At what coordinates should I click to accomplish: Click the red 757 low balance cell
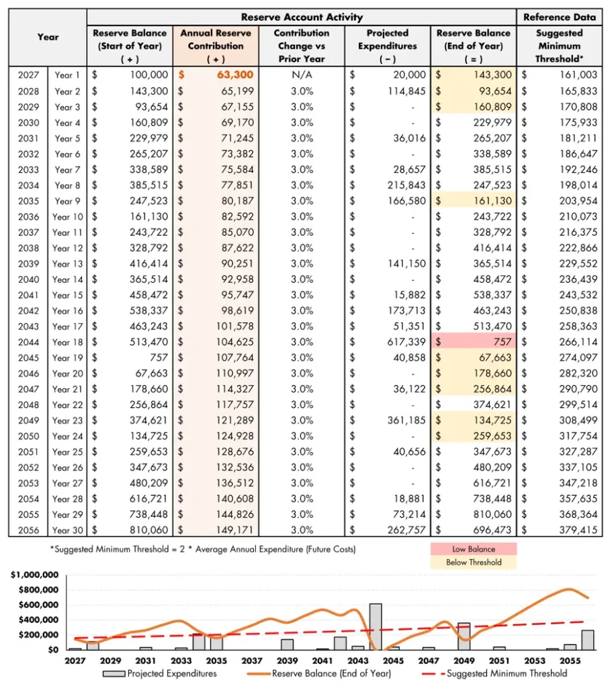point(474,342)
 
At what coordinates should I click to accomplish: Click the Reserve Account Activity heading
point(301,17)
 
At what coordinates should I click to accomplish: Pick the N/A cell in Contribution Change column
point(302,75)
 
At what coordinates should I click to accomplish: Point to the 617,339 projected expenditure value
point(404,342)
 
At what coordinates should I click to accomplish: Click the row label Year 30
point(67,530)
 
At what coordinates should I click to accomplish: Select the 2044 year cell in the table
point(28,342)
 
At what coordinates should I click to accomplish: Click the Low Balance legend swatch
point(474,549)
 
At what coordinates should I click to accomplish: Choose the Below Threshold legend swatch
point(474,562)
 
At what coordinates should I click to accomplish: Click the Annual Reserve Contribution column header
point(216,46)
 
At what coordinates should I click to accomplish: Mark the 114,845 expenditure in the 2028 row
point(404,91)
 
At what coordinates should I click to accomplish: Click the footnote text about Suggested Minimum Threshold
point(202,550)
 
